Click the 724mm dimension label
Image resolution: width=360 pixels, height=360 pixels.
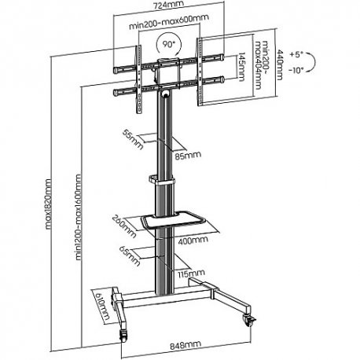(x=168, y=5)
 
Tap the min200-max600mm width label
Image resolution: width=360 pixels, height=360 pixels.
(x=169, y=22)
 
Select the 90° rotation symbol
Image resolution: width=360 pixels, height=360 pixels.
(x=168, y=44)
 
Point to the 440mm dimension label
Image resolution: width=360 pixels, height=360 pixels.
(x=280, y=65)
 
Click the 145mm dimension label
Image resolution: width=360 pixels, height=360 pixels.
(x=241, y=67)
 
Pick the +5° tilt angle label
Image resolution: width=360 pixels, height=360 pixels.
(x=296, y=54)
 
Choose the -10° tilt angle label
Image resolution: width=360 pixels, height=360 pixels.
(x=296, y=70)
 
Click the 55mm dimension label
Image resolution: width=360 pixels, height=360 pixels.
(x=133, y=140)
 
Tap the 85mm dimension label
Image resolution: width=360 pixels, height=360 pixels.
(x=188, y=156)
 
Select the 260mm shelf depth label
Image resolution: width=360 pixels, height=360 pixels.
(x=124, y=226)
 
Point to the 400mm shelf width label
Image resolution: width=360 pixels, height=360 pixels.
(x=193, y=241)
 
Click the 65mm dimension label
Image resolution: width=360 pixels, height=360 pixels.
(x=130, y=255)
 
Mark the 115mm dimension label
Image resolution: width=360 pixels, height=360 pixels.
(x=191, y=274)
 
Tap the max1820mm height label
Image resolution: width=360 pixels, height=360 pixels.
(x=48, y=204)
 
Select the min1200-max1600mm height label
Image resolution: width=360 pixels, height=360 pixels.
(x=78, y=217)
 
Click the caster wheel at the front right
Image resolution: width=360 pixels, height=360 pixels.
(x=249, y=320)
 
